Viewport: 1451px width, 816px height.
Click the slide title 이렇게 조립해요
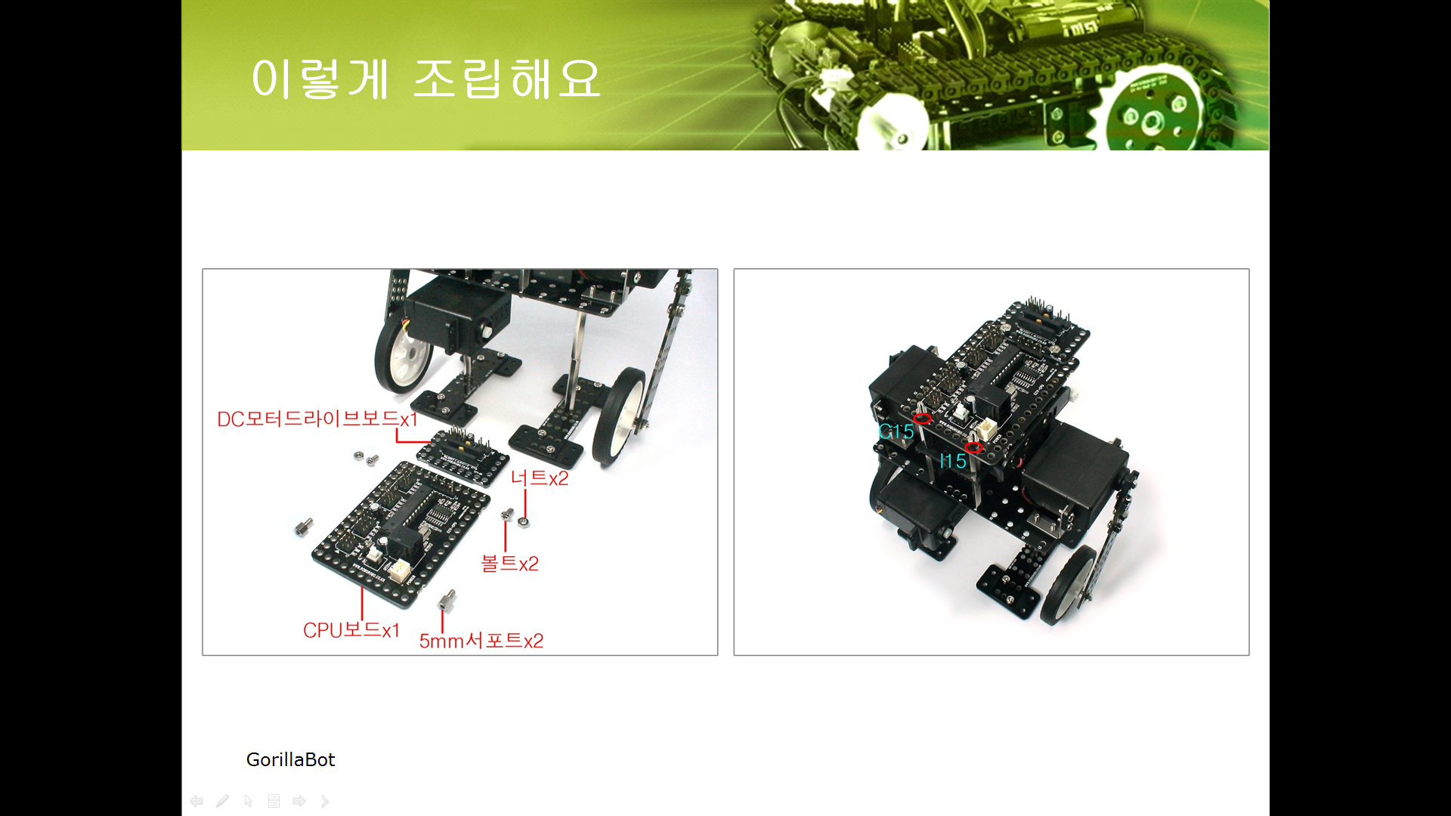pyautogui.click(x=426, y=79)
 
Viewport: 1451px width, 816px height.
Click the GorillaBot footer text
pyautogui.click(x=290, y=759)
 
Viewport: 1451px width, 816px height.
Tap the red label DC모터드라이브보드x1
pyautogui.click(x=317, y=419)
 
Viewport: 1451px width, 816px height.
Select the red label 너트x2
pyautogui.click(x=540, y=478)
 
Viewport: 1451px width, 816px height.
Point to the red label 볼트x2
pyautogui.click(x=510, y=563)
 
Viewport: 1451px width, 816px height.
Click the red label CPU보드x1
pyautogui.click(x=351, y=630)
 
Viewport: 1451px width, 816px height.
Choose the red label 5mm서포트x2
pyautogui.click(x=481, y=641)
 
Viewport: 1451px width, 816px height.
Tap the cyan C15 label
pyautogui.click(x=896, y=431)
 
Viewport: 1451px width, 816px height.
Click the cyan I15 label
pyautogui.click(x=953, y=461)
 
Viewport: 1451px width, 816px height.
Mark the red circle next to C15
pyautogui.click(x=922, y=419)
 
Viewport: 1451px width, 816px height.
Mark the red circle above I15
pyautogui.click(x=973, y=448)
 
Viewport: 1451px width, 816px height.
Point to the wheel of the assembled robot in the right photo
pyautogui.click(x=1068, y=586)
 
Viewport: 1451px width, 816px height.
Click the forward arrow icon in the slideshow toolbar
pyautogui.click(x=299, y=801)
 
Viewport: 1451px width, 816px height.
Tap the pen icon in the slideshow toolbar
pyautogui.click(x=222, y=801)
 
